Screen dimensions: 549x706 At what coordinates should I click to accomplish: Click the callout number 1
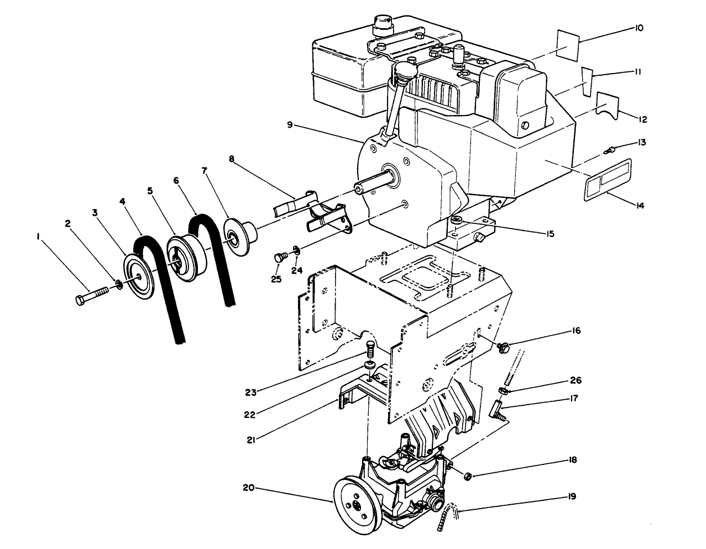38,237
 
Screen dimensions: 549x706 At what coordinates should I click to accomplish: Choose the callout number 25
276,279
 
